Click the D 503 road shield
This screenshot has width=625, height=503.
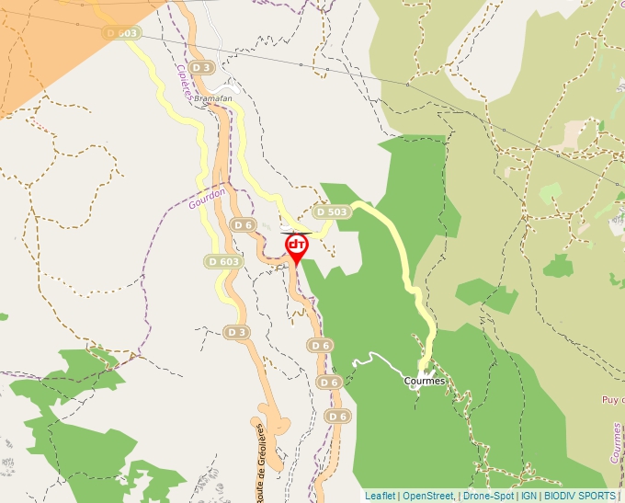coord(332,211)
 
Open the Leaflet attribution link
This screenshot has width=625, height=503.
coord(380,496)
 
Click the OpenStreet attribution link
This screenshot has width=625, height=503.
coord(428,496)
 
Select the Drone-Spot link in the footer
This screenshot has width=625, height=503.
coord(489,496)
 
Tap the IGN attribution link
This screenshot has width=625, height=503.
coord(528,496)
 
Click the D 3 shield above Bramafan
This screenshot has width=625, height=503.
coord(203,67)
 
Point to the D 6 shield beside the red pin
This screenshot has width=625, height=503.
coord(243,224)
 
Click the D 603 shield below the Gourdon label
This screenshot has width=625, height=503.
coord(224,261)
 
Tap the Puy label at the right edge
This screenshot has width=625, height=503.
coord(613,400)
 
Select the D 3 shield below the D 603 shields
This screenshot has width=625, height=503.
coord(237,331)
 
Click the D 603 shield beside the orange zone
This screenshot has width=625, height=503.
coord(121,33)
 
